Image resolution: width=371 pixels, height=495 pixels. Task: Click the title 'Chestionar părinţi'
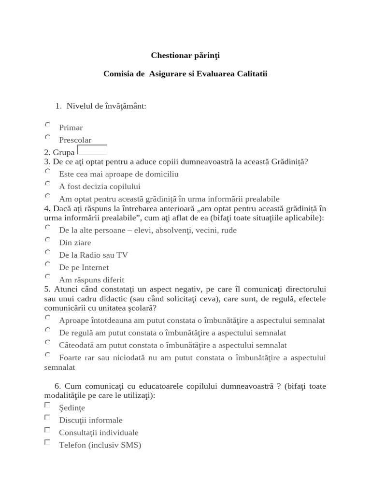tap(185, 56)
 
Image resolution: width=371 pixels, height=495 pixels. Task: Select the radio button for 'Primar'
tap(47, 125)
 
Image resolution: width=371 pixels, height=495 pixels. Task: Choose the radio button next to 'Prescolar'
tap(47, 137)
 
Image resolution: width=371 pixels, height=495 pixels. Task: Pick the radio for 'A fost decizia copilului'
tap(47, 184)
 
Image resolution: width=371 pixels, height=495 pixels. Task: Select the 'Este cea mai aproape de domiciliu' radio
tap(47, 171)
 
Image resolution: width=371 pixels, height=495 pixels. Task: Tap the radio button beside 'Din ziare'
tap(47, 240)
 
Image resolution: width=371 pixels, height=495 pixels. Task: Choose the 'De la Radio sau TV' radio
tap(47, 252)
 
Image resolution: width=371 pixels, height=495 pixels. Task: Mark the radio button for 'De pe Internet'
tap(47, 264)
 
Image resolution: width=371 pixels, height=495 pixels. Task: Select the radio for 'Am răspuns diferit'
tap(47, 277)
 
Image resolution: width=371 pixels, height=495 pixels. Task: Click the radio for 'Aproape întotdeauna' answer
tap(47, 318)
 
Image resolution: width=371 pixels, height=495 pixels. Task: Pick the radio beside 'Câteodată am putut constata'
tap(47, 342)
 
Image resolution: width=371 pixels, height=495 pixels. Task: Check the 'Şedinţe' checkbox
tap(47, 405)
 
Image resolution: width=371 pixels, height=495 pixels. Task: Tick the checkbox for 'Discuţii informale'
tap(47, 417)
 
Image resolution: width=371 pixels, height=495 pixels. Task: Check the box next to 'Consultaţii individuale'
tap(47, 430)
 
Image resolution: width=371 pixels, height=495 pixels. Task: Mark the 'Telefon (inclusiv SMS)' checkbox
tap(47, 442)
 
